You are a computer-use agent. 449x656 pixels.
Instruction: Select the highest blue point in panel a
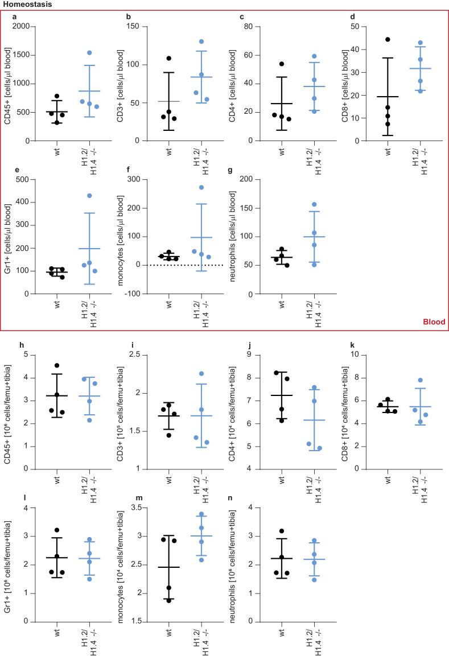(89, 53)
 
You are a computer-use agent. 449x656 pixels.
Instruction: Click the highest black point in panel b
(169, 59)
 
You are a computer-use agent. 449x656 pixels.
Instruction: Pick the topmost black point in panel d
(388, 39)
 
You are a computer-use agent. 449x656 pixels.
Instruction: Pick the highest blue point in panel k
(421, 380)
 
